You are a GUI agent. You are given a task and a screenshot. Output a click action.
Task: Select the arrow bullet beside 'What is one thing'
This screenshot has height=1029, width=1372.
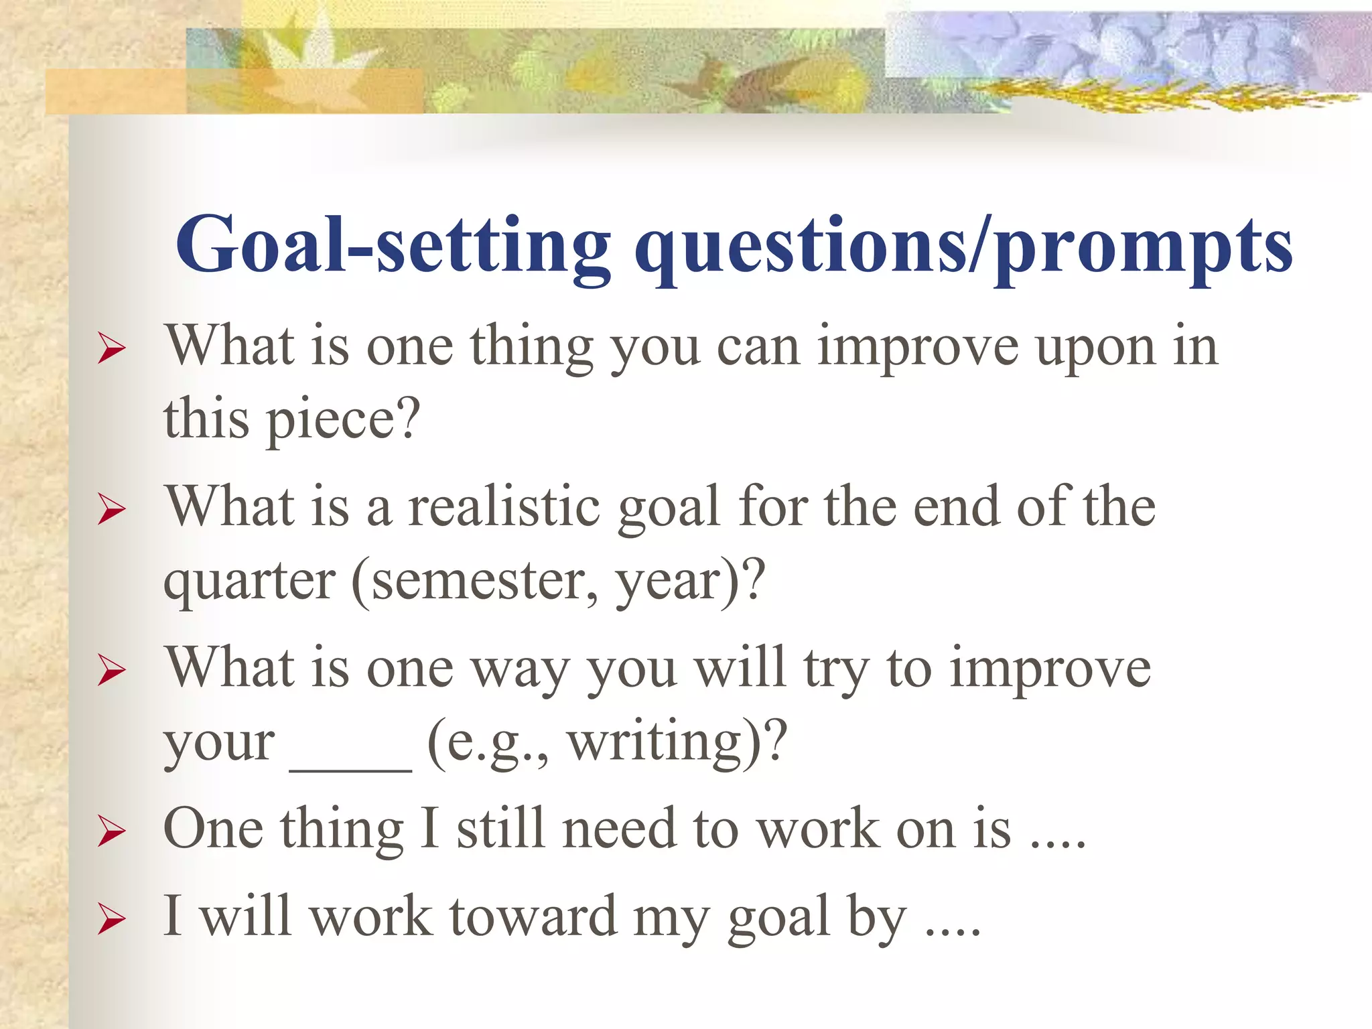[x=111, y=349]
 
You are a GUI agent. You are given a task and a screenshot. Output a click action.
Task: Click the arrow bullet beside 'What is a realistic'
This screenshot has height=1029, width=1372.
[x=111, y=510]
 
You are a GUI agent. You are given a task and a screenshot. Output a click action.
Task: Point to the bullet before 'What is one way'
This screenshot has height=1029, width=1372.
[x=111, y=671]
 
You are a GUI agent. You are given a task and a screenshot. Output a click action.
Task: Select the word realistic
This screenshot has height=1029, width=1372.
[x=504, y=507]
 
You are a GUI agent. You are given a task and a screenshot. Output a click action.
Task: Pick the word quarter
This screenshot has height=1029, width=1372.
[x=249, y=581]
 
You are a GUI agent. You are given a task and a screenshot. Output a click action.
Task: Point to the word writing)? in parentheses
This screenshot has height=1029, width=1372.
[x=677, y=742]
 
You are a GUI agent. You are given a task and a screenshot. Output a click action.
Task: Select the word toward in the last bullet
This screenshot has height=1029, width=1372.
[x=533, y=916]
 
